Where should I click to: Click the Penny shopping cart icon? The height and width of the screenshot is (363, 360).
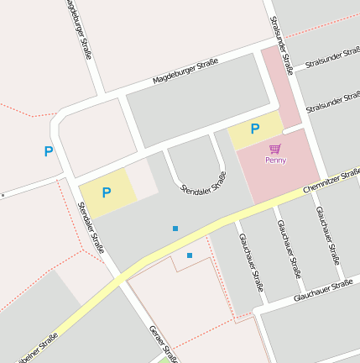pos(275,149)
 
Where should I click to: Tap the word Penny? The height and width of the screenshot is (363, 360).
pos(275,160)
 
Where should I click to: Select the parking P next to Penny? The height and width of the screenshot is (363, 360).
pos(255,129)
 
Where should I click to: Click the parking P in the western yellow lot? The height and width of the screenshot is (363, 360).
pos(107,192)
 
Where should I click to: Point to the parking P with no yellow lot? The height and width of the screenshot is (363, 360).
pos(49,152)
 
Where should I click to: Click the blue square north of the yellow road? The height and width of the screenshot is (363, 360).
pos(175,228)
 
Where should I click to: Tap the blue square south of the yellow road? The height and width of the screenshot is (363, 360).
pos(190,255)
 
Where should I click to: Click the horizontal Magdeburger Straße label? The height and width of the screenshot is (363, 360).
pos(185,71)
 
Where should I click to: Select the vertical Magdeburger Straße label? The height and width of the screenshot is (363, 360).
pos(77,29)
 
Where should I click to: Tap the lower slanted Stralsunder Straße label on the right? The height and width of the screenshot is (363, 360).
pos(333,103)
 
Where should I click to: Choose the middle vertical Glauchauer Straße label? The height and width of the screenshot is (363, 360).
pos(289,249)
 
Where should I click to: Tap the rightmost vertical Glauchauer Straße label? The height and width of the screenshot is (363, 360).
pos(327,235)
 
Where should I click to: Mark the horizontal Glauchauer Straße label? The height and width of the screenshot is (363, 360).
pos(323,291)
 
